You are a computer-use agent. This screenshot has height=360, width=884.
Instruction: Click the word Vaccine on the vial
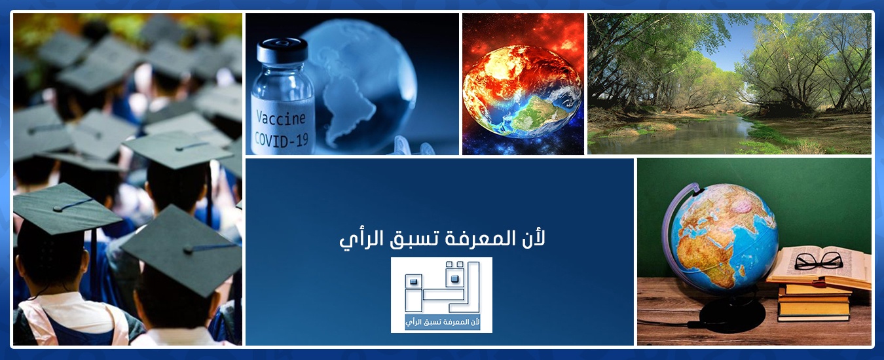pyautogui.click(x=281, y=118)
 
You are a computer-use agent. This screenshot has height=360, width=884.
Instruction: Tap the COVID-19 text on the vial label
pyautogui.click(x=282, y=139)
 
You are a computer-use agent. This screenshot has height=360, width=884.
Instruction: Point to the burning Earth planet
pyautogui.click(x=522, y=92)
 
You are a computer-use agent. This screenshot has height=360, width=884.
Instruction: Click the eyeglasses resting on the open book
pyautogui.click(x=818, y=261)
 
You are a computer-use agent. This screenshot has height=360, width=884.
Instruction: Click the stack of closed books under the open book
pyautogui.click(x=814, y=301)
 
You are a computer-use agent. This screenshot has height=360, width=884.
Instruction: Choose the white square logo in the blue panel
pyautogui.click(x=441, y=295)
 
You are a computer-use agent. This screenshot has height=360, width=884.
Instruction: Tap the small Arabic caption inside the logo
pyautogui.click(x=443, y=322)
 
